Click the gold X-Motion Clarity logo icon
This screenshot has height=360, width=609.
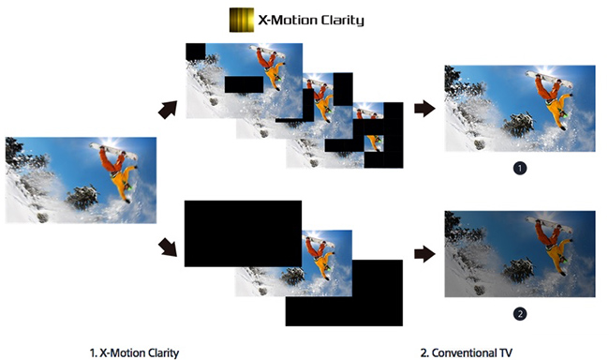coord(241,20)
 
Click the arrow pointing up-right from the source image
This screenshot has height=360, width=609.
coord(170,109)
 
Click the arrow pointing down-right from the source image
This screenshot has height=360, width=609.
coord(169,247)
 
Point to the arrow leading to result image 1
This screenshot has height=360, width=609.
coord(424,109)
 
